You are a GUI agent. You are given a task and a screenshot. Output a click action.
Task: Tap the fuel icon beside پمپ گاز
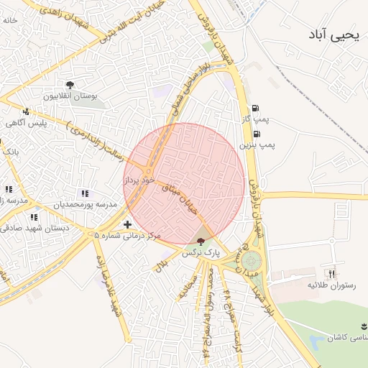pyautogui.click(x=257, y=108)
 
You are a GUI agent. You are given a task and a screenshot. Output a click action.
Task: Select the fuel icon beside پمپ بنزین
pyautogui.click(x=257, y=134)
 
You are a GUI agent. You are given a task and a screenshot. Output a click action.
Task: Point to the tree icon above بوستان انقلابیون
pyautogui.click(x=70, y=86)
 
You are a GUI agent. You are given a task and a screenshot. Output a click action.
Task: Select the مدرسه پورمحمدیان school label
pyautogui.click(x=83, y=205)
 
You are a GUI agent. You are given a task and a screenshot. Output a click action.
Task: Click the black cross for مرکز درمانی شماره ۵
pyautogui.click(x=128, y=225)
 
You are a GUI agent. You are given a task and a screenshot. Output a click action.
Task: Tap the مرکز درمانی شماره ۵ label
pyautogui.click(x=129, y=235)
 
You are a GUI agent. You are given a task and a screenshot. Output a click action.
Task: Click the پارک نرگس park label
pyautogui.click(x=200, y=252)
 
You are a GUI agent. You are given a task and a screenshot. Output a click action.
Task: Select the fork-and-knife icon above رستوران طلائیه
pyautogui.click(x=331, y=273)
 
